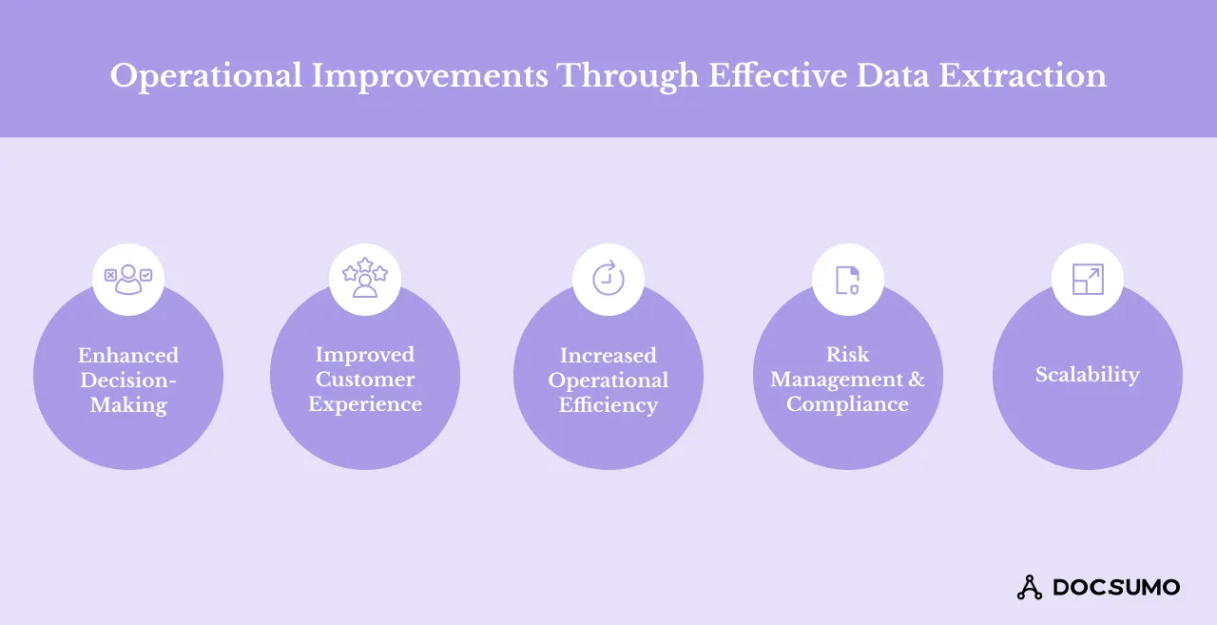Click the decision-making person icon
click(x=128, y=279)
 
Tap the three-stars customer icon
click(x=365, y=279)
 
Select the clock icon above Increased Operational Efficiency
click(x=608, y=279)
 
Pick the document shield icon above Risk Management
click(x=847, y=279)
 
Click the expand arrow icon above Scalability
click(x=1087, y=279)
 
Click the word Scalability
click(x=1087, y=375)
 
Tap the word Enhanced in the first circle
click(x=128, y=355)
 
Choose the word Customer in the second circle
click(x=365, y=380)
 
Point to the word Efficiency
click(x=608, y=405)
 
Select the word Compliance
click(x=847, y=404)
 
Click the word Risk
click(x=847, y=354)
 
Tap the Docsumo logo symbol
click(x=1030, y=587)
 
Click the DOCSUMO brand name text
click(x=1116, y=587)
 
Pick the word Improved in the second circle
click(x=365, y=354)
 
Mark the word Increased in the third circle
click(x=608, y=355)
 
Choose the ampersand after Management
click(x=916, y=380)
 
